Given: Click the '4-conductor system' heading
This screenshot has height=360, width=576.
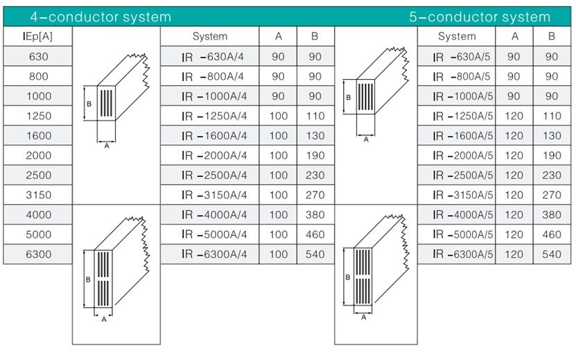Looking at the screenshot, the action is pyautogui.click(x=101, y=17).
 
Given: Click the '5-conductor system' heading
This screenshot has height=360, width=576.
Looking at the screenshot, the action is pyautogui.click(x=480, y=17).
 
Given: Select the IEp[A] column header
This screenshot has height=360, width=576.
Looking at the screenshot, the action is pyautogui.click(x=37, y=36).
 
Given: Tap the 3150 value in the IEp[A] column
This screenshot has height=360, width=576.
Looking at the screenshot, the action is pyautogui.click(x=38, y=195).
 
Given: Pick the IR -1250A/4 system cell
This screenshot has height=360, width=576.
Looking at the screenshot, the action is pyautogui.click(x=214, y=116).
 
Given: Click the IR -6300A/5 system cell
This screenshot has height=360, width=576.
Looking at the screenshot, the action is pyautogui.click(x=462, y=254).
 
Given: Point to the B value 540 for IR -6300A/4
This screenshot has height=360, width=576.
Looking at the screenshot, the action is pyautogui.click(x=315, y=254).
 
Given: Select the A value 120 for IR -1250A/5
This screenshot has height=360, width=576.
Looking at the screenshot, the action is pyautogui.click(x=514, y=116).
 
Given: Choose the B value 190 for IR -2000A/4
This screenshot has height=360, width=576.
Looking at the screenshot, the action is pyautogui.click(x=315, y=155).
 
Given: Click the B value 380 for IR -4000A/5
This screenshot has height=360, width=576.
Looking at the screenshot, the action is pyautogui.click(x=552, y=215).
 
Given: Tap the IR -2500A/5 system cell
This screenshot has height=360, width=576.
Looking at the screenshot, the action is pyautogui.click(x=462, y=175).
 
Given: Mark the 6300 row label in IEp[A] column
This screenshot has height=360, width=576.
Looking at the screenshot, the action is pyautogui.click(x=38, y=254).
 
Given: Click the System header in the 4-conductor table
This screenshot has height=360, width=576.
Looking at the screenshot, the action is pyautogui.click(x=210, y=36).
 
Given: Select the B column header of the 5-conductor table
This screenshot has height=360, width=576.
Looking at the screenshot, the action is pyautogui.click(x=551, y=36).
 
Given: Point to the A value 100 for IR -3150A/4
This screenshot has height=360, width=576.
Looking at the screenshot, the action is pyautogui.click(x=278, y=195).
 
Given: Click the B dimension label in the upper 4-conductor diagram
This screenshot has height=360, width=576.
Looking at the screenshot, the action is pyautogui.click(x=89, y=104).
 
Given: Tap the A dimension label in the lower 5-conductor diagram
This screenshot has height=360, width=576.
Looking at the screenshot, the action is pyautogui.click(x=364, y=318).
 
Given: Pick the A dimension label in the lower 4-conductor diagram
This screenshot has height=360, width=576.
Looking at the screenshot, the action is pyautogui.click(x=104, y=320).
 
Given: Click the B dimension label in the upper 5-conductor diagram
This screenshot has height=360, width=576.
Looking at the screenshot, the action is pyautogui.click(x=348, y=97).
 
